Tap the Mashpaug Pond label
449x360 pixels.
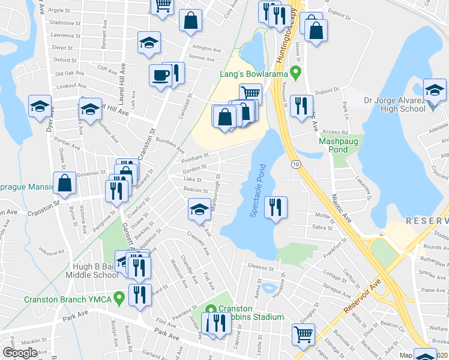tap(334, 145)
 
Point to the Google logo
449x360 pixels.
tap(20, 353)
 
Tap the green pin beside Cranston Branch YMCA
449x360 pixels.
tap(119, 296)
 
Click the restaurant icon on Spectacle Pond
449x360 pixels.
tap(275, 208)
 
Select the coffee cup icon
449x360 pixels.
tap(160, 75)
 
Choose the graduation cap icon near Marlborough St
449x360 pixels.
tap(199, 209)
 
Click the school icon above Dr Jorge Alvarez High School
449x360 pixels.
tap(434, 91)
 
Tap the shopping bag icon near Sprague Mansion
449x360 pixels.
tap(64, 184)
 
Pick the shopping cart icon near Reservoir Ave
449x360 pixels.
tap(303, 334)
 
